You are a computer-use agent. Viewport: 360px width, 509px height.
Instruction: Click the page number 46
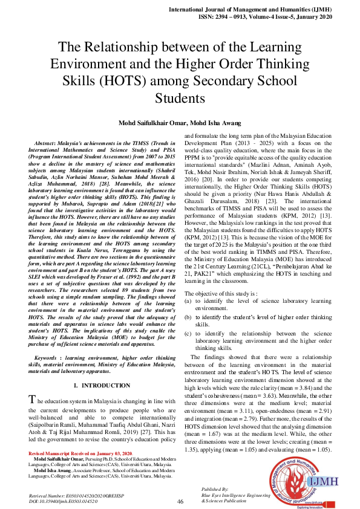[x=180, y=501]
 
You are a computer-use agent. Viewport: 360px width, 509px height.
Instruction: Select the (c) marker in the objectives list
[x=189, y=334]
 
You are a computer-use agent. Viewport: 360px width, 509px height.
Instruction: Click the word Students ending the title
[x=180, y=98]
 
